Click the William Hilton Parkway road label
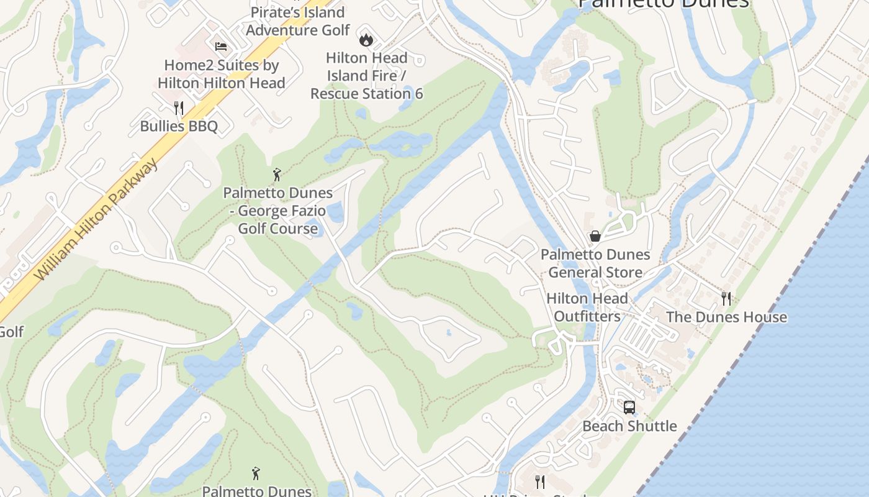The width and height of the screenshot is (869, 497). tap(96, 219)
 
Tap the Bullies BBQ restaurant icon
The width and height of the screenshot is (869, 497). tap(179, 108)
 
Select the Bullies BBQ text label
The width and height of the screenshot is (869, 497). tap(179, 126)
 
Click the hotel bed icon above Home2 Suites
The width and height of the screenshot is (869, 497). tap(221, 46)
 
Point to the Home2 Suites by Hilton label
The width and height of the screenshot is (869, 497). tap(222, 74)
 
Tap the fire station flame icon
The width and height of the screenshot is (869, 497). tap(366, 40)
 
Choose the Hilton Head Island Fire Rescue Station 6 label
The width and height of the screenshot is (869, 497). tap(367, 76)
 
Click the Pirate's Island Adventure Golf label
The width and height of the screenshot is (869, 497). tap(298, 21)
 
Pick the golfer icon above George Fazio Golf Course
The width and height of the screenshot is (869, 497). tap(277, 175)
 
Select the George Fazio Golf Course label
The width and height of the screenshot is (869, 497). tap(278, 211)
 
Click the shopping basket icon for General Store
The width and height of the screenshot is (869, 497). tap(595, 236)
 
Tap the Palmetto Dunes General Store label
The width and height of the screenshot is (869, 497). tap(595, 263)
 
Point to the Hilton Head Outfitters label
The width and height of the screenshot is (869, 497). tap(587, 308)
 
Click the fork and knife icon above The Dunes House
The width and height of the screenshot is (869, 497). tap(726, 299)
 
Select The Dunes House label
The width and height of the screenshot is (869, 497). tap(726, 317)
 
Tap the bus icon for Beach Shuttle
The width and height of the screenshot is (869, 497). tap(629, 408)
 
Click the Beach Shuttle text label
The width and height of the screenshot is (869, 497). tap(629, 426)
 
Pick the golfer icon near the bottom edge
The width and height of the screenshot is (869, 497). tap(256, 474)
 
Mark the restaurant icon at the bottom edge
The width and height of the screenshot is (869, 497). tap(540, 482)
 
